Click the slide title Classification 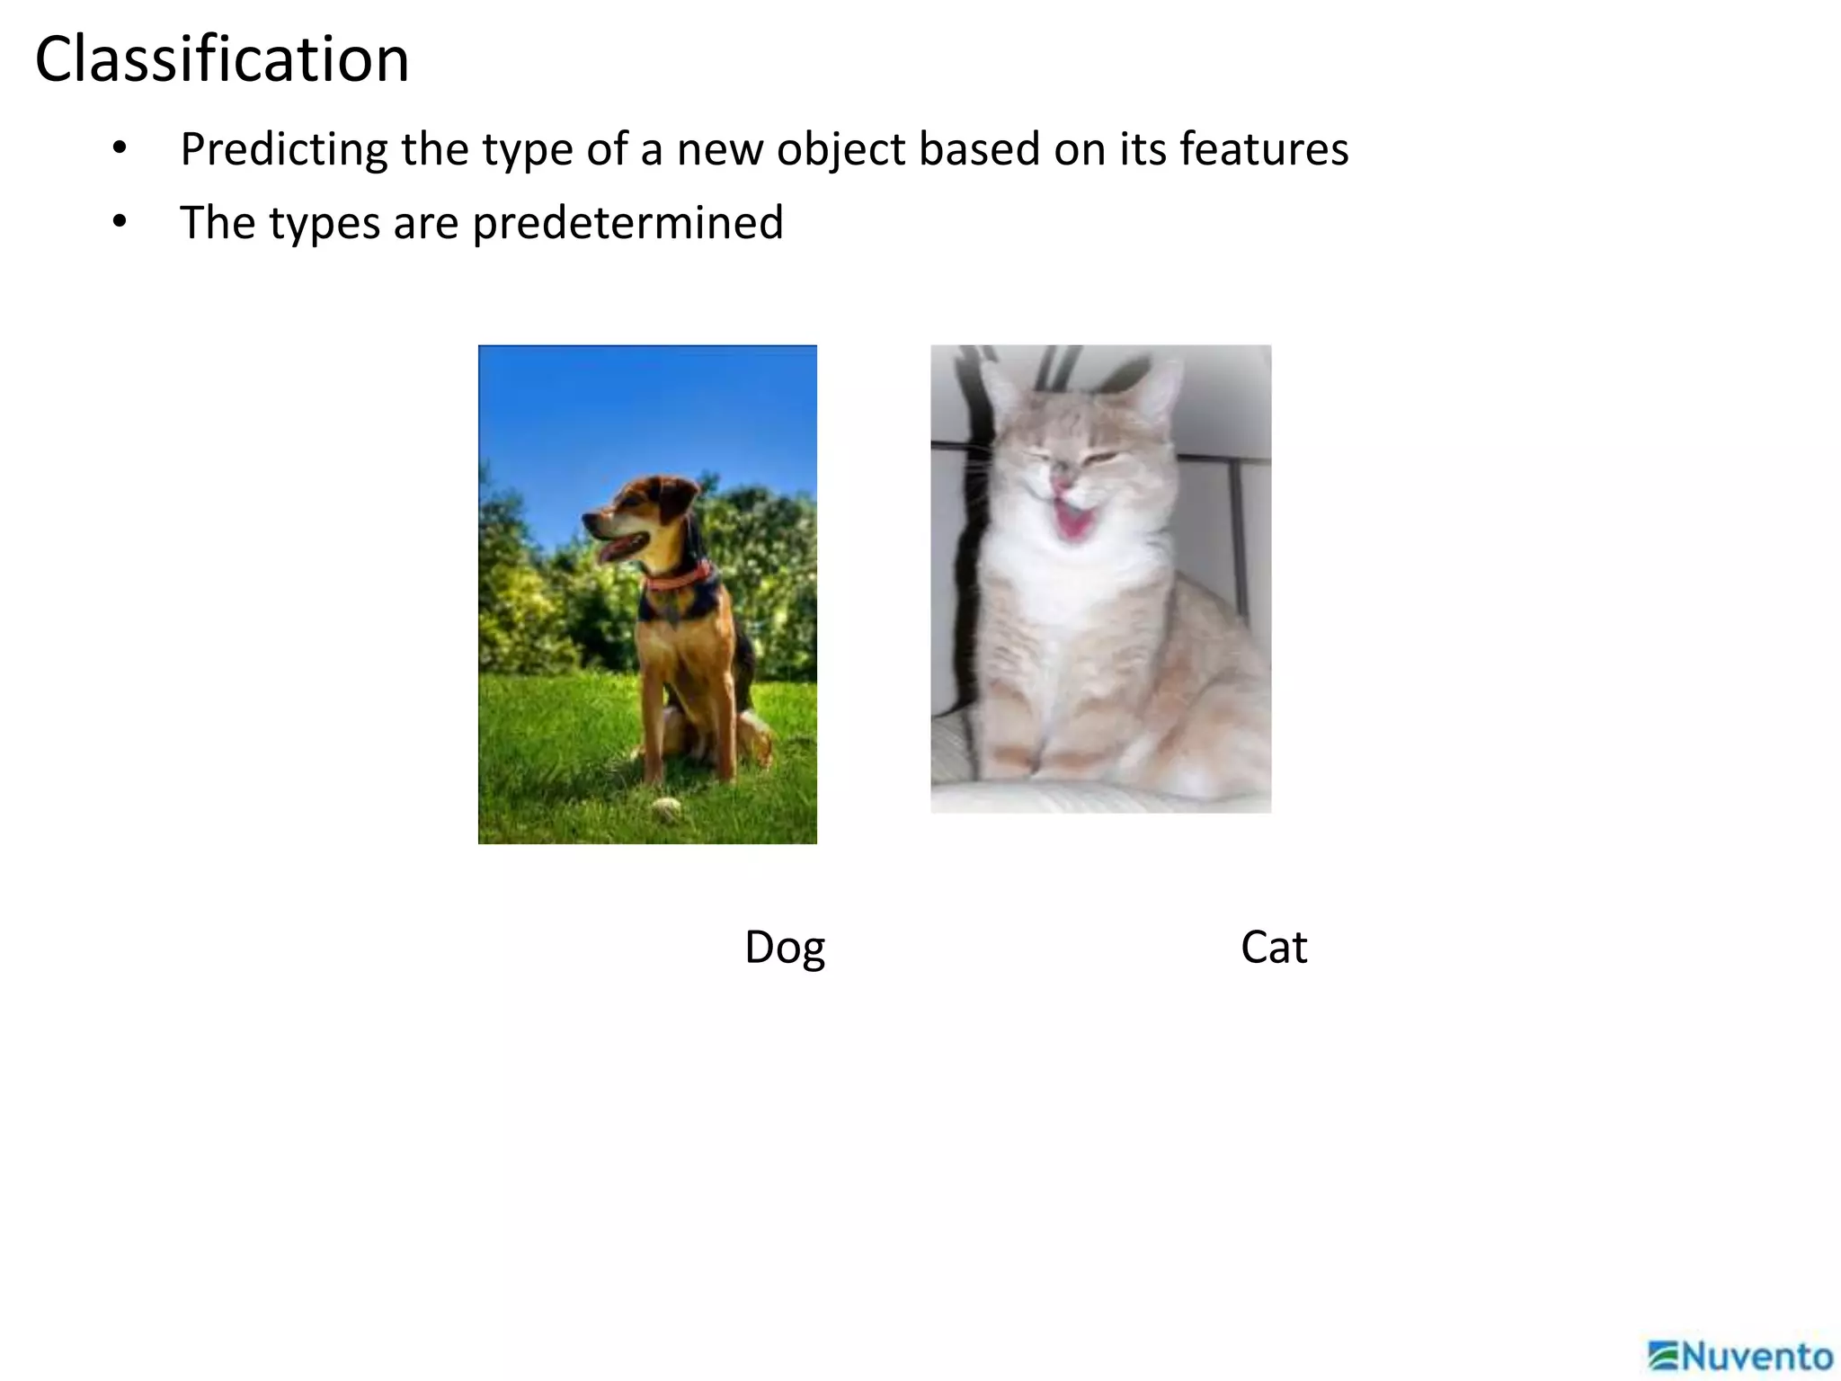pos(222,59)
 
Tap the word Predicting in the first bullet pos(283,149)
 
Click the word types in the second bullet pos(324,223)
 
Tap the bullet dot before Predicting pos(120,148)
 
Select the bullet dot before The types pos(120,221)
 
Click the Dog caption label pos(784,948)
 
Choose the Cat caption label pos(1273,947)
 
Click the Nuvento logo pos(1740,1356)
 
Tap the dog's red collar pos(680,578)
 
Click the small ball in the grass pos(666,806)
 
